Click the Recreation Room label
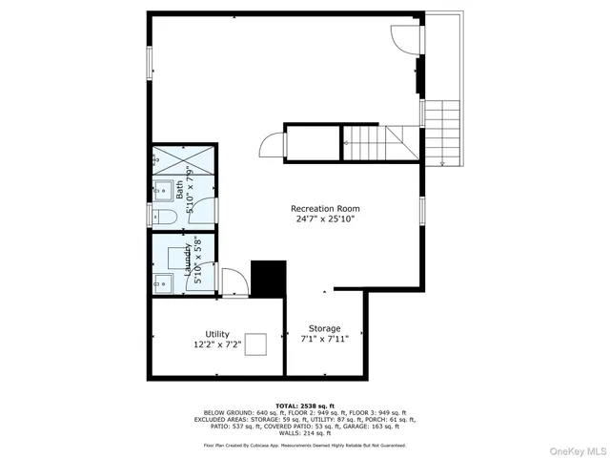pyautogui.click(x=325, y=208)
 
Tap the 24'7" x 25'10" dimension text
pyautogui.click(x=325, y=219)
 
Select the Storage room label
pyautogui.click(x=325, y=328)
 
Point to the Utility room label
pyautogui.click(x=217, y=334)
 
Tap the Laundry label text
pyautogui.click(x=188, y=258)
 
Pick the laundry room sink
pyautogui.click(x=161, y=282)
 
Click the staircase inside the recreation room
pyautogui.click(x=378, y=142)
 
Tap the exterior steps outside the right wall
pyautogui.click(x=443, y=134)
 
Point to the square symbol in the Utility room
pyautogui.click(x=254, y=345)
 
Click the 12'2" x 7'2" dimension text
pyautogui.click(x=217, y=344)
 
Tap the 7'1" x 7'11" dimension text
pyautogui.click(x=325, y=339)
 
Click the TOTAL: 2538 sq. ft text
pyautogui.click(x=304, y=406)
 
